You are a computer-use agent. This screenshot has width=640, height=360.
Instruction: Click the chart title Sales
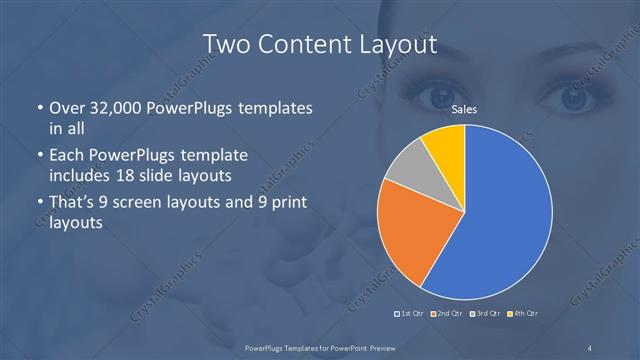[x=464, y=112]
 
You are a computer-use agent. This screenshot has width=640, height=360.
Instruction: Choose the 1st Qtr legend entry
[x=412, y=314]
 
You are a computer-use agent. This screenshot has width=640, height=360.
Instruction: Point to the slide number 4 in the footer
[x=591, y=347]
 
